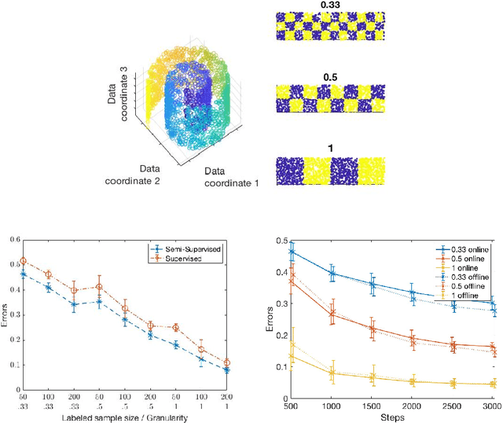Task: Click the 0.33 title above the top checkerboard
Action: pos(329,5)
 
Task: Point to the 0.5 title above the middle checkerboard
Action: pos(329,78)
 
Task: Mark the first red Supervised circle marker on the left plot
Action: pos(23,261)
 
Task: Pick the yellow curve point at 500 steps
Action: pos(292,357)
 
